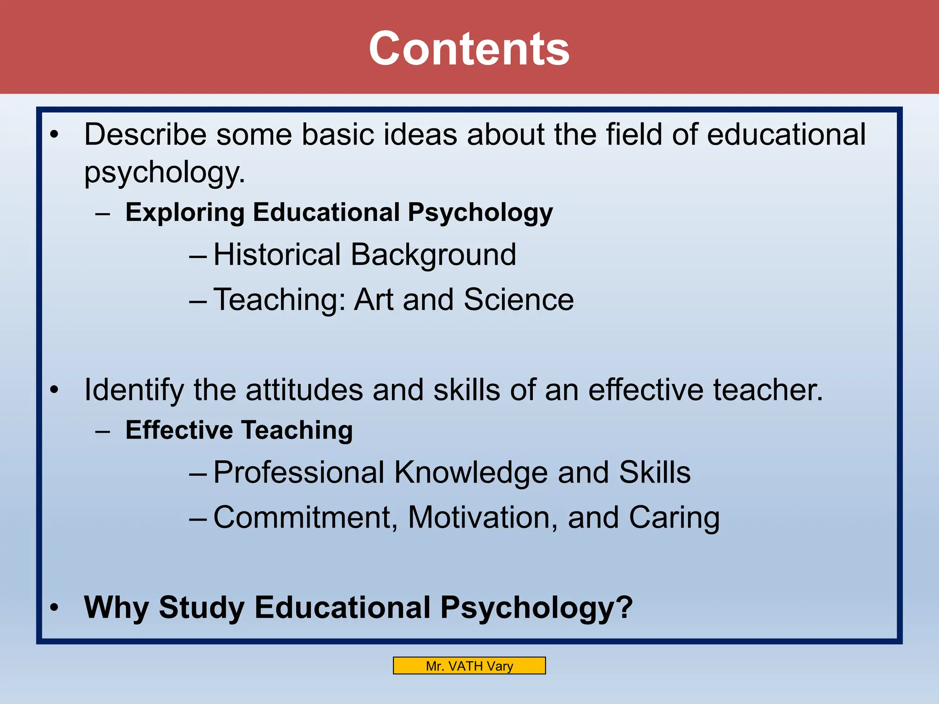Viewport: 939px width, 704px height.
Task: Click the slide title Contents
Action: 469,49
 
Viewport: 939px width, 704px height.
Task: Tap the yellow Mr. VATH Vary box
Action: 469,665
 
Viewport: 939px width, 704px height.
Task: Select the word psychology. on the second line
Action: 165,173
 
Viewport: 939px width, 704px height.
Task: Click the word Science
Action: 519,300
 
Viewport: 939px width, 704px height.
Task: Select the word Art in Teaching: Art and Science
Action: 374,300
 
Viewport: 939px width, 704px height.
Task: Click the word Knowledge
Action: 471,473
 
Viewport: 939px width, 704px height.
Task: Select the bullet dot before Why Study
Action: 55,608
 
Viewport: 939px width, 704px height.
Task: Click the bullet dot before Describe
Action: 55,135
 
